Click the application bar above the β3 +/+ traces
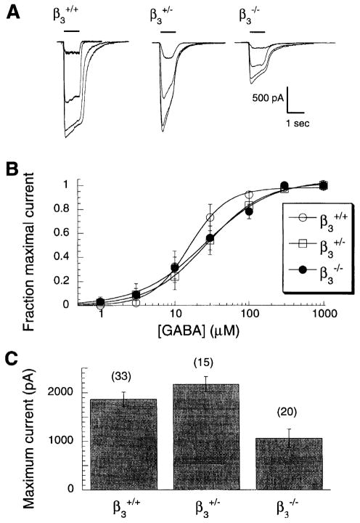click(73, 32)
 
